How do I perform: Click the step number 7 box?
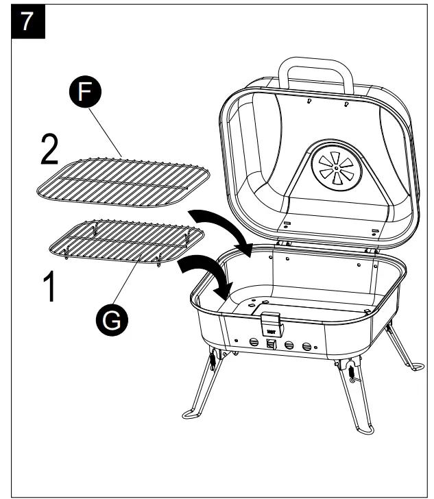coord(27,21)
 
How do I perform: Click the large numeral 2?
coord(49,150)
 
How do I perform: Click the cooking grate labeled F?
coord(123,180)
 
